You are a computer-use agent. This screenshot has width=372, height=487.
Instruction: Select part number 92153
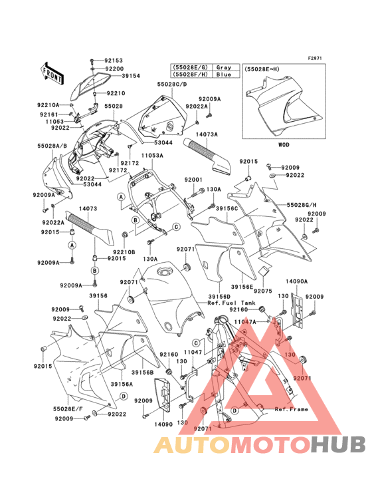pos(114,61)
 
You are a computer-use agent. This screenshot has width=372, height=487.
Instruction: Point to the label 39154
pos(130,77)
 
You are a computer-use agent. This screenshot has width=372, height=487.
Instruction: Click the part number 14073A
pos(207,134)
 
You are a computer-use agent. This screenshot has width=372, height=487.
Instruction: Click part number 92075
pos(262,291)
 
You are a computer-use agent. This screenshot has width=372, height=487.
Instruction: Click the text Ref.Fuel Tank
pos(230,303)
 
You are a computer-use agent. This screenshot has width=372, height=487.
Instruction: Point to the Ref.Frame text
pos(291,409)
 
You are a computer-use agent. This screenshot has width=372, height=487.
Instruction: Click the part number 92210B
pos(124,251)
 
